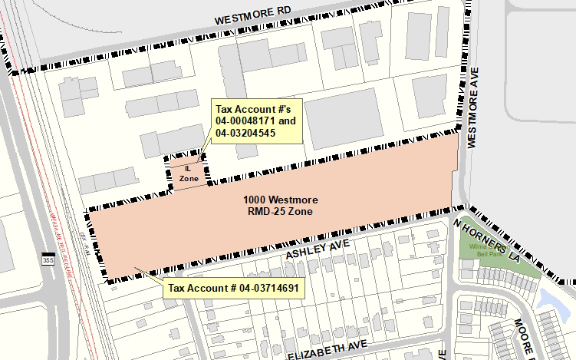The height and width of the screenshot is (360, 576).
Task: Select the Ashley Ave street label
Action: click(x=318, y=248)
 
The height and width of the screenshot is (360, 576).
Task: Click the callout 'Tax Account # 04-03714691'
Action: click(x=232, y=289)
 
